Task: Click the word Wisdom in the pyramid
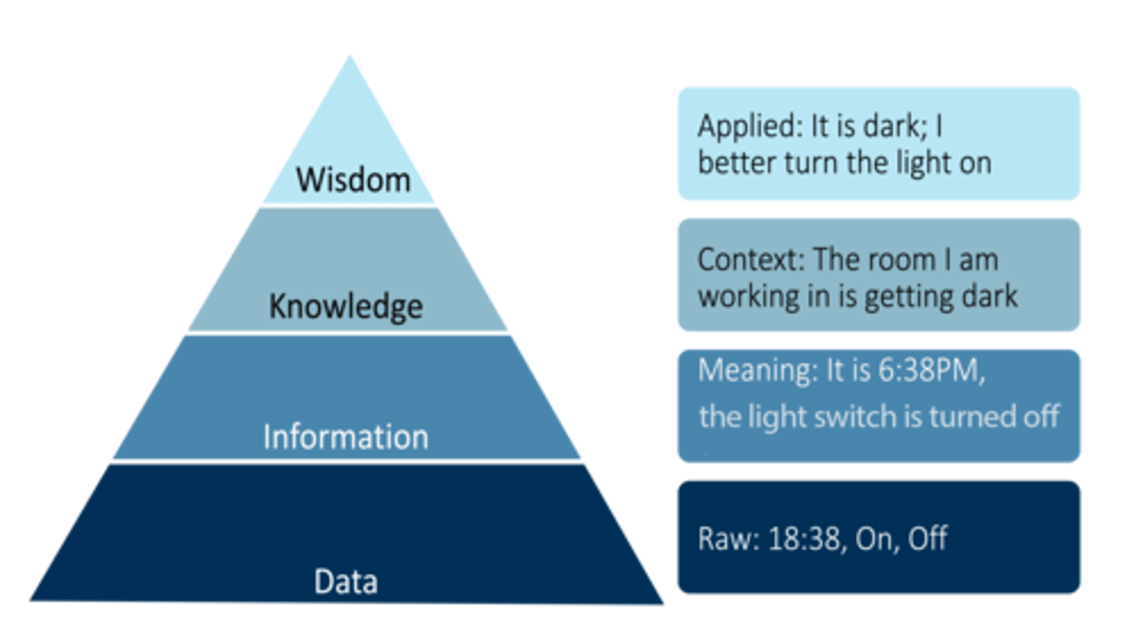pos(353,180)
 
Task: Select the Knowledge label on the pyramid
pos(346,306)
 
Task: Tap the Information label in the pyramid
pos(346,436)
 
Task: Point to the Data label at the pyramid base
pos(346,581)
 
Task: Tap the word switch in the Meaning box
pos(851,416)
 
